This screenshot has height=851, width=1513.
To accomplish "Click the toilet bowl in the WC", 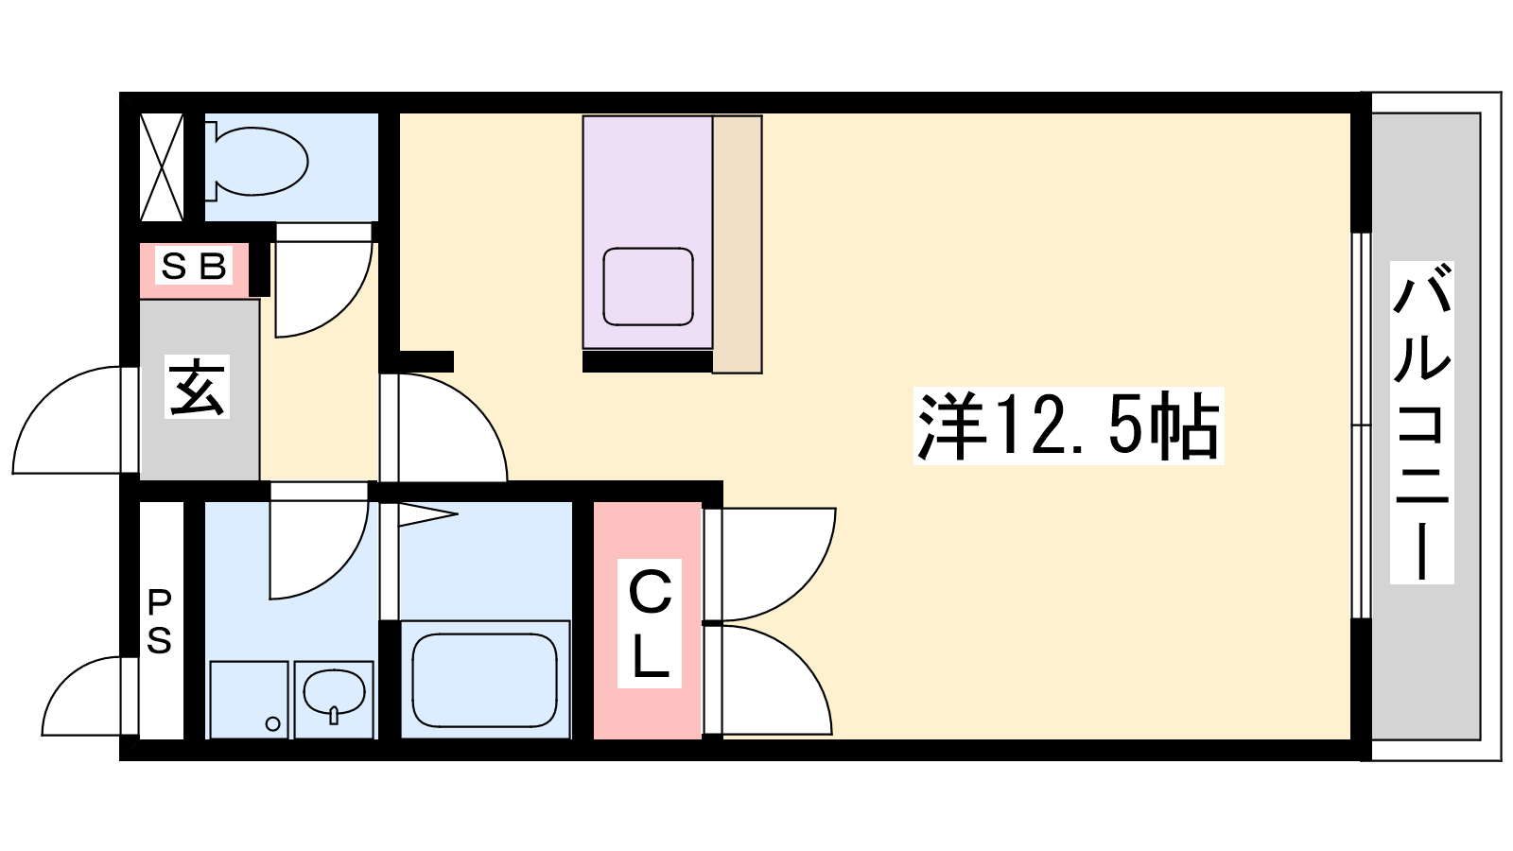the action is [x=259, y=162].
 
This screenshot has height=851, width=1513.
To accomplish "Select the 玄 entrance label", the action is [x=197, y=387].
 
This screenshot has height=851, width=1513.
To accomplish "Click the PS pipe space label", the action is [x=160, y=621].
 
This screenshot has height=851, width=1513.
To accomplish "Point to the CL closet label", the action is [x=649, y=623].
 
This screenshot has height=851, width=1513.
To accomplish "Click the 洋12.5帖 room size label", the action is [x=1069, y=425].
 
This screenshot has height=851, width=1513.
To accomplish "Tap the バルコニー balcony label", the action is [x=1421, y=422].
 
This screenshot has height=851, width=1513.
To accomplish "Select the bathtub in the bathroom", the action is [x=485, y=680].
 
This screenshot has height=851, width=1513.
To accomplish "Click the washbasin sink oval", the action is [x=335, y=692].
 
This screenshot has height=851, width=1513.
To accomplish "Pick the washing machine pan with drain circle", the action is [x=250, y=700].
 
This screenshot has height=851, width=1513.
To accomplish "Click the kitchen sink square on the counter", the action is [x=648, y=287].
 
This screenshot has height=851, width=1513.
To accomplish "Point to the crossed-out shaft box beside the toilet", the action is [x=162, y=167].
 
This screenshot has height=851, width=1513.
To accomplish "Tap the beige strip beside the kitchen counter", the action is [x=737, y=245].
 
